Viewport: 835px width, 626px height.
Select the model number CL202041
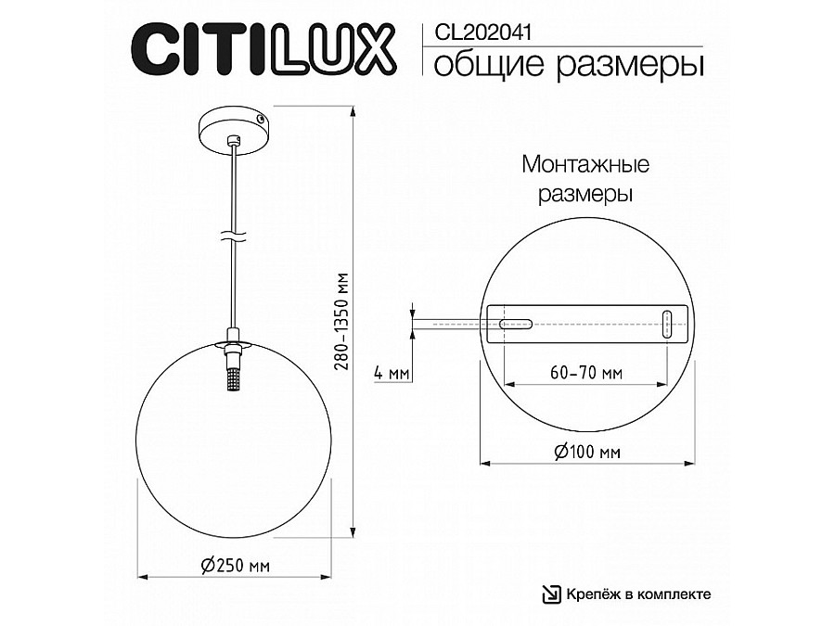pyautogui.click(x=483, y=32)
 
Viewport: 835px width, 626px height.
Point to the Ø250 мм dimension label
pyautogui.click(x=236, y=565)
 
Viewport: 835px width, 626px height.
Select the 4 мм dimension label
pyautogui.click(x=392, y=373)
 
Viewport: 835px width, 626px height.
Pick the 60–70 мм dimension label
pyautogui.click(x=585, y=372)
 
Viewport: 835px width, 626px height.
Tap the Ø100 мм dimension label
pyautogui.click(x=587, y=452)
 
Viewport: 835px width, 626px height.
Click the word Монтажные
pyautogui.click(x=585, y=164)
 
